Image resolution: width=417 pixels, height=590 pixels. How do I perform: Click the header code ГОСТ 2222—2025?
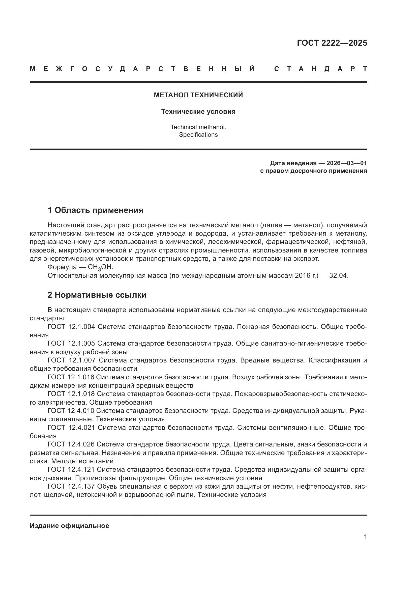[332, 43]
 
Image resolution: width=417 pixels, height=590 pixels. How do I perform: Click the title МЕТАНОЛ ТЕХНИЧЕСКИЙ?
[198, 95]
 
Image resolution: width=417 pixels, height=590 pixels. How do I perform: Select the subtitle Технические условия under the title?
[198, 111]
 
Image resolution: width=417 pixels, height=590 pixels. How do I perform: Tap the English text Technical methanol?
[198, 127]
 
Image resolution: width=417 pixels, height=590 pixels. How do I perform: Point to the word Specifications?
[198, 135]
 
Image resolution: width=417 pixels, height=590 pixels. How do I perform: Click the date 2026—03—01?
[346, 163]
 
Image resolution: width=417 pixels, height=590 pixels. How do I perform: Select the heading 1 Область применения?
[95, 210]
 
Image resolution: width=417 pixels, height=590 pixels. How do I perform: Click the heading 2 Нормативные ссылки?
[97, 295]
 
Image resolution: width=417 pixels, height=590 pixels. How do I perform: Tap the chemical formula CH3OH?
[100, 267]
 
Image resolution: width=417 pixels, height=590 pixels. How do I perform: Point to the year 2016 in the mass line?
[303, 275]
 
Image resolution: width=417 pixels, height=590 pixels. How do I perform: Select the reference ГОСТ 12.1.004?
[71, 327]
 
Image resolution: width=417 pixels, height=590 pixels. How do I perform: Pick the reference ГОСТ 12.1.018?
[71, 394]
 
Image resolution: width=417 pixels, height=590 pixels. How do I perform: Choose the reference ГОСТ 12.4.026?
[71, 444]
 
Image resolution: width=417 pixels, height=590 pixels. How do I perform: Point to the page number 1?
[365, 537]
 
